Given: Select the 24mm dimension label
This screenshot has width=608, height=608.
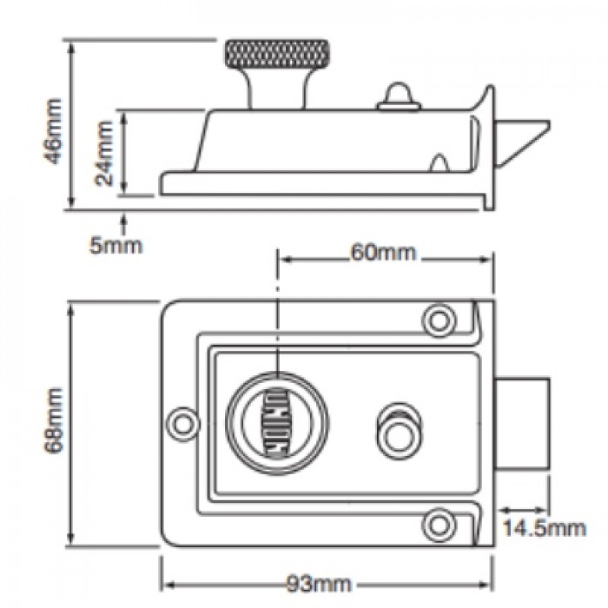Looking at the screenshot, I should click(x=105, y=153).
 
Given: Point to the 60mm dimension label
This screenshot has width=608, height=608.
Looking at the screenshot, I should click(x=383, y=253).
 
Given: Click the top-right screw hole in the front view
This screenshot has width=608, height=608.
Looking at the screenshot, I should click(x=439, y=319).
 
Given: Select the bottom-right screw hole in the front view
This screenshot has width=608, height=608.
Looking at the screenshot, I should click(x=439, y=521).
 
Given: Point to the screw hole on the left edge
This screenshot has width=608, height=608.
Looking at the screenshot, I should click(x=183, y=422).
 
